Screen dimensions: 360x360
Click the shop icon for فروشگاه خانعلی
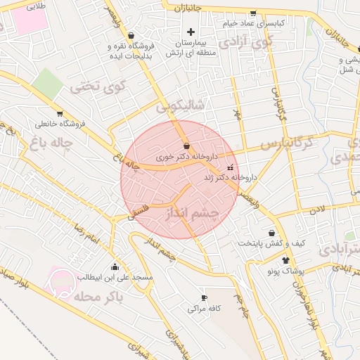60,113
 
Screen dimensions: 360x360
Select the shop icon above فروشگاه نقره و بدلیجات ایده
131,35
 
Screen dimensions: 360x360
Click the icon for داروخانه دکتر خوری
186,145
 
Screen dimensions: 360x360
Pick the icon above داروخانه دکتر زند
231,167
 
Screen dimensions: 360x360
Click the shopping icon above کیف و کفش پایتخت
271,233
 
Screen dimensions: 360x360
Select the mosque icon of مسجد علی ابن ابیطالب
115,267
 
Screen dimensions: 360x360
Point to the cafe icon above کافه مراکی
204,297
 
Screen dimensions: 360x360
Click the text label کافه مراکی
205,308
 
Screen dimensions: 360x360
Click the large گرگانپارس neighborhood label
286,144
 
